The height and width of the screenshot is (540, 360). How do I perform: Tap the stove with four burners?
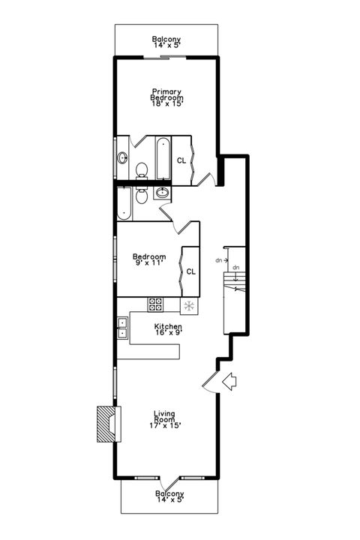(156, 304)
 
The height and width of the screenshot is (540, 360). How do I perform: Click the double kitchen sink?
(122, 328)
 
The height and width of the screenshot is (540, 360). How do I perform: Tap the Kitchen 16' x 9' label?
(167, 330)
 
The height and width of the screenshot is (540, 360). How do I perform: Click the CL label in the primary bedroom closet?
(181, 160)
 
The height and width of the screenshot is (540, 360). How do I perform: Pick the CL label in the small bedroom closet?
(190, 271)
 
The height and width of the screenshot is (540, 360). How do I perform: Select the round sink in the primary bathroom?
(122, 157)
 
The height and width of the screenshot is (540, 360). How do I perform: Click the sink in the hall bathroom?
(162, 193)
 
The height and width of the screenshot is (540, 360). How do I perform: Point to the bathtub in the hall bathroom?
(123, 203)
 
